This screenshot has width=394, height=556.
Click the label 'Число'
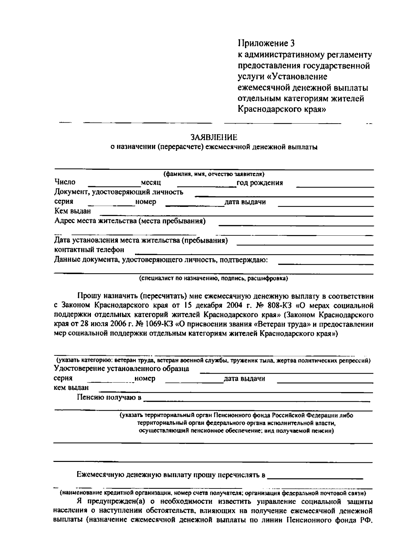(x=65, y=182)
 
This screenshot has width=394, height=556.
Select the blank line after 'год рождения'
(x=335, y=186)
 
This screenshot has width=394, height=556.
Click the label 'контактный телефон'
(x=89, y=250)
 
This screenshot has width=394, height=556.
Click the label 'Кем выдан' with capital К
(x=73, y=211)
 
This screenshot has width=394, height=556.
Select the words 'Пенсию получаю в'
(x=109, y=398)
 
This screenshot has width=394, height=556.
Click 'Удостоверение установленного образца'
(x=121, y=368)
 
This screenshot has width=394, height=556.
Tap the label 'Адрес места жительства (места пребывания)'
(x=130, y=221)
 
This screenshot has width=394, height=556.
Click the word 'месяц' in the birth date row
(x=150, y=183)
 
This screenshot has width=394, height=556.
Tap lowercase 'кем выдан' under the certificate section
(x=71, y=387)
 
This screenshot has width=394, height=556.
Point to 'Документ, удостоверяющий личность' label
(x=119, y=192)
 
